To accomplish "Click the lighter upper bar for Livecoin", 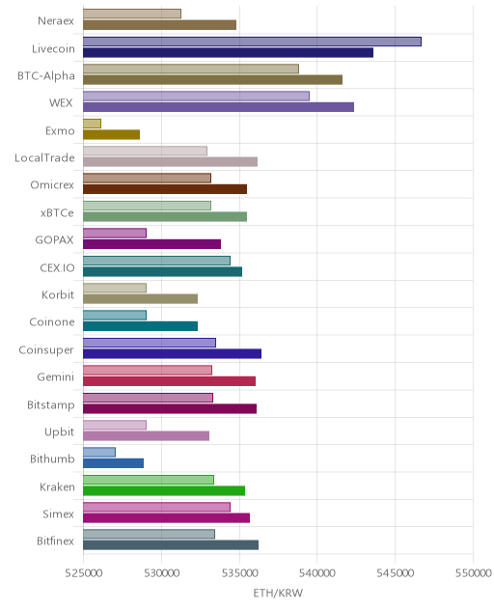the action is point(252,42).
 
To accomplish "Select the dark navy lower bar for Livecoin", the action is point(229,52).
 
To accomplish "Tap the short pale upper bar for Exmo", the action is point(93,124).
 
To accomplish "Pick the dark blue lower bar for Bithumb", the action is point(114,463).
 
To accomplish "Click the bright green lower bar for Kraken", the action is point(164,491).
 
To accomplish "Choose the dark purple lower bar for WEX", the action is point(219,107).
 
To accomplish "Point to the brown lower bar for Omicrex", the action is point(165,189).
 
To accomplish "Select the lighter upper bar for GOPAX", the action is point(115,233).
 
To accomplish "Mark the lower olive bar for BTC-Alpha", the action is point(213,80).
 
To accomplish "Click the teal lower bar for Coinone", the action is point(141,326).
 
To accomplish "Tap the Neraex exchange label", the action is point(56,20).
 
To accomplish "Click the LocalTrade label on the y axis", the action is point(44,157).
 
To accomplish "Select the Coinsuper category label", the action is point(46,349).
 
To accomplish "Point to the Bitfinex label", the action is point(55,541).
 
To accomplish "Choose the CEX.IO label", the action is point(57,267).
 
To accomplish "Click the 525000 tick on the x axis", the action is point(83,572).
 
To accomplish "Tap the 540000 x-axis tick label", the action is point(317,572).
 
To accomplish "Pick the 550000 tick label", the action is point(474,572).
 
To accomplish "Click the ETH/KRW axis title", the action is point(278,593).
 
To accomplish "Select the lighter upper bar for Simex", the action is point(156,507).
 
